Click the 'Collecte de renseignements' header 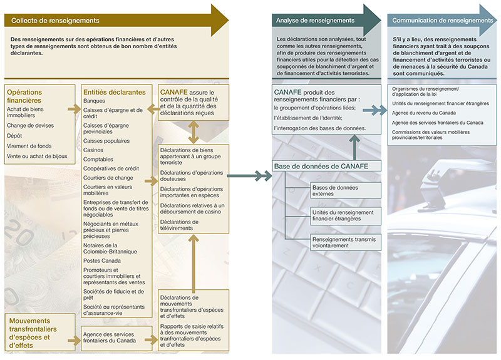coord(56,21)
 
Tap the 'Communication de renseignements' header coord(442,21)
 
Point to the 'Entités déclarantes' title coord(115,92)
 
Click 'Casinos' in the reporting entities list coord(93,150)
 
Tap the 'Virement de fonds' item coord(29,146)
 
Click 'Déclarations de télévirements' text coord(180,225)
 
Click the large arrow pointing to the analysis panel coord(249,177)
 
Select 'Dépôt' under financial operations coord(14,135)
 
